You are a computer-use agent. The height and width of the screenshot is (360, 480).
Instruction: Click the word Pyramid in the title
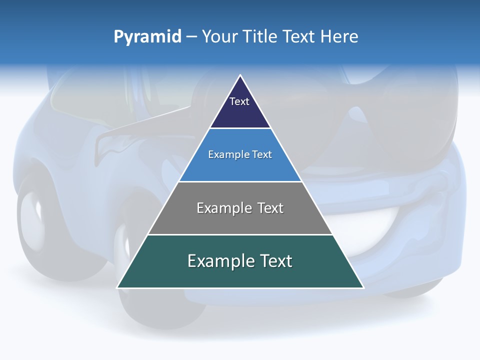click(147, 37)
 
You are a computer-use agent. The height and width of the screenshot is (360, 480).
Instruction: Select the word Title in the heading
click(263, 37)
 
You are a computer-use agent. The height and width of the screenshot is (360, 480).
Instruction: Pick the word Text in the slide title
click(299, 37)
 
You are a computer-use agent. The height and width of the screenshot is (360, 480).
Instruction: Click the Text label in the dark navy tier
click(239, 101)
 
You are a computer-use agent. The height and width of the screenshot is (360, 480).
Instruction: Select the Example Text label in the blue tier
click(240, 154)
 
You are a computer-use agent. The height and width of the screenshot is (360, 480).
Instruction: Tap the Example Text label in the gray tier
click(240, 208)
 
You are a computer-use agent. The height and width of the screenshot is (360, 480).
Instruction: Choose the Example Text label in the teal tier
click(240, 261)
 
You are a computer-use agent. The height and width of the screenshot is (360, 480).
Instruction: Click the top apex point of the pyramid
click(240, 75)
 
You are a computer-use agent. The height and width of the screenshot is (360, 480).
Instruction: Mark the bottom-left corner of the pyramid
click(118, 287)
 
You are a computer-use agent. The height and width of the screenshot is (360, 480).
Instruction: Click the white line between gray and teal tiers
click(240, 234)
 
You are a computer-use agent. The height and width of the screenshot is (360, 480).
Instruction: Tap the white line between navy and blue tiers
click(240, 128)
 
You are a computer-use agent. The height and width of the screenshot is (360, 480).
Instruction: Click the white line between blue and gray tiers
click(240, 181)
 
